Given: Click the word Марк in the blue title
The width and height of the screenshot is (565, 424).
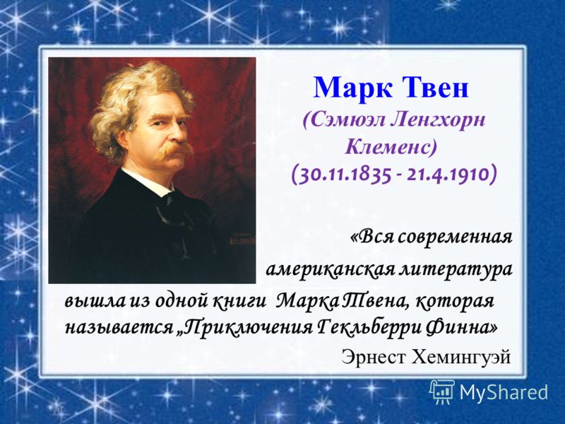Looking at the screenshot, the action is point(351,87).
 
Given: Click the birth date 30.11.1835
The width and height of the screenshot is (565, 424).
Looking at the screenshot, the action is point(343,175).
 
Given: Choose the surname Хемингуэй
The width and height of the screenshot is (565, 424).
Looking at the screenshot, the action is point(460,357).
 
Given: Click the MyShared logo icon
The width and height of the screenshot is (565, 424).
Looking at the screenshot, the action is point(442,392).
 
